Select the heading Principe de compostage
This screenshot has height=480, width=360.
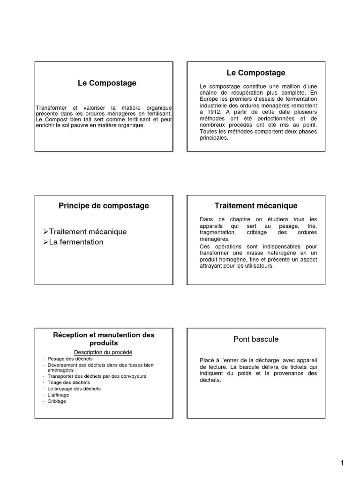pyautogui.click(x=104, y=206)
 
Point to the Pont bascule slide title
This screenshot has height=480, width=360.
pyautogui.click(x=256, y=339)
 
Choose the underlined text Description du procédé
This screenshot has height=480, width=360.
pyautogui.click(x=104, y=352)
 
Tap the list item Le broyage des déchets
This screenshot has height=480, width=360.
pyautogui.click(x=74, y=389)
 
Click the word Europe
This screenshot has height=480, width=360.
pyautogui.click(x=210, y=99)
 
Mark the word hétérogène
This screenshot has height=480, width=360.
pyautogui.click(x=280, y=253)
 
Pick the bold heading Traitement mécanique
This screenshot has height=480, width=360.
pyautogui.click(x=256, y=206)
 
